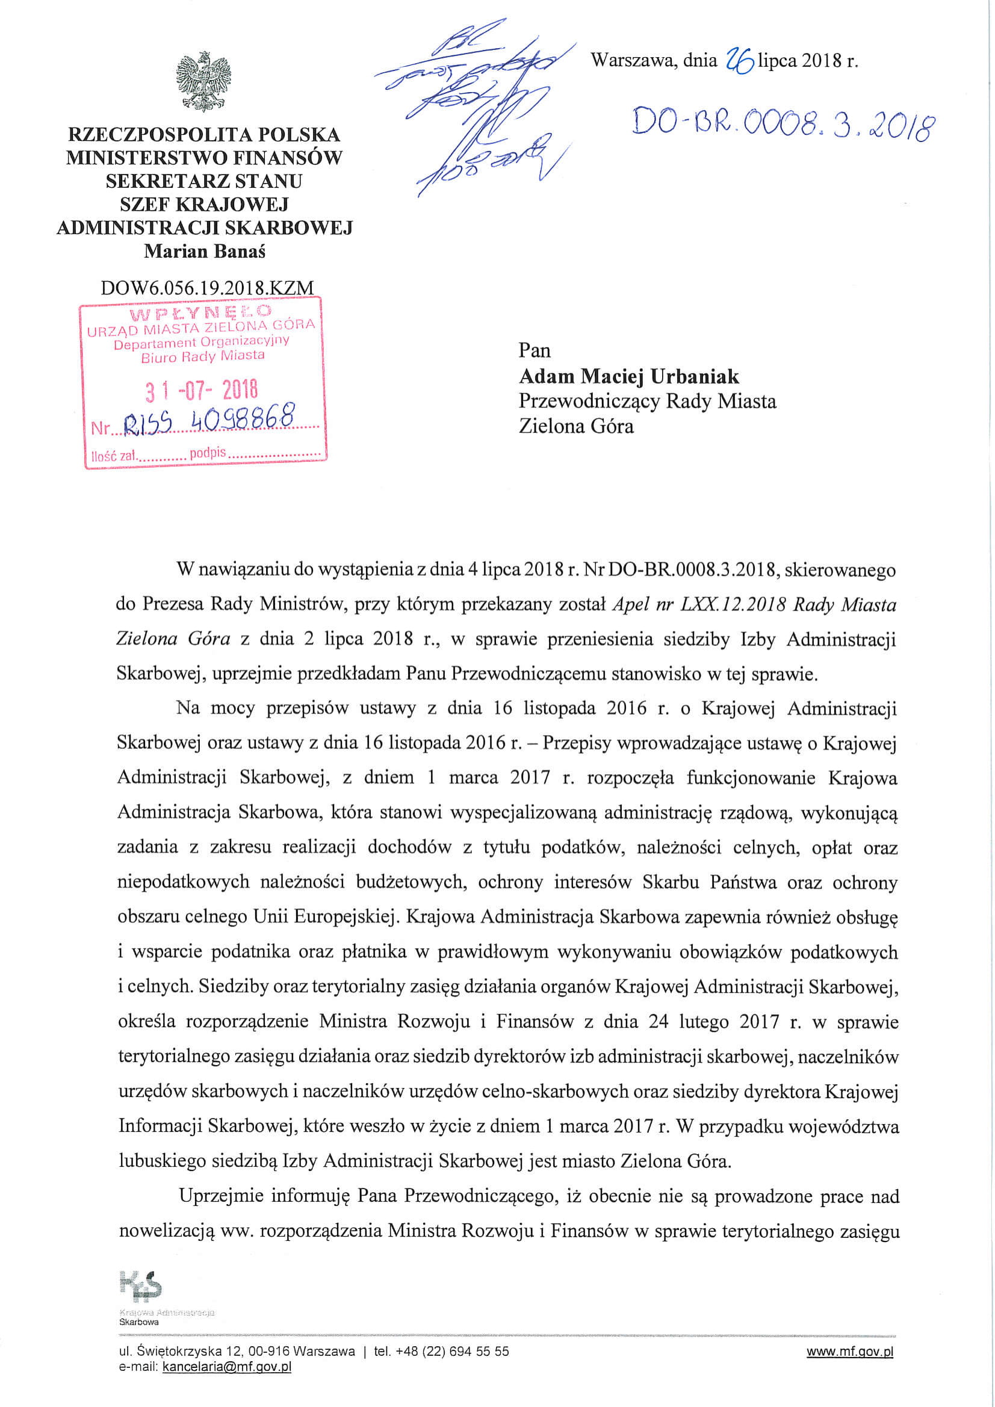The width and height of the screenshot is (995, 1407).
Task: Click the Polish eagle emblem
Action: [x=203, y=81]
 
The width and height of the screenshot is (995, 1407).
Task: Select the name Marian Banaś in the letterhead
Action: [x=205, y=251]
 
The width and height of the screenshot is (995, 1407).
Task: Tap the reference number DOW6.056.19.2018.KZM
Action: [x=207, y=287]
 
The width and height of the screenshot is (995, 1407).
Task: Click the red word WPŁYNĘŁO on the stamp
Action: [x=200, y=314]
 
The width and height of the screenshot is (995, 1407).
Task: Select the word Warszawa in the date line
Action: [x=633, y=61]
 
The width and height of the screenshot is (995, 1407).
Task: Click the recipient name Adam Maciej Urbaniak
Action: [x=628, y=376]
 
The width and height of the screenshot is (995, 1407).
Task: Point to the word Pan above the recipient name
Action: [x=535, y=350]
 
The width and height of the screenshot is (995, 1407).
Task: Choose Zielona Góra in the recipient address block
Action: [x=576, y=426]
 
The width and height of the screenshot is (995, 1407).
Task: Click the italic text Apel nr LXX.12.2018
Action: [x=699, y=605]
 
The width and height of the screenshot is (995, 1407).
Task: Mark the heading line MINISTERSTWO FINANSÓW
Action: [x=204, y=158]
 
